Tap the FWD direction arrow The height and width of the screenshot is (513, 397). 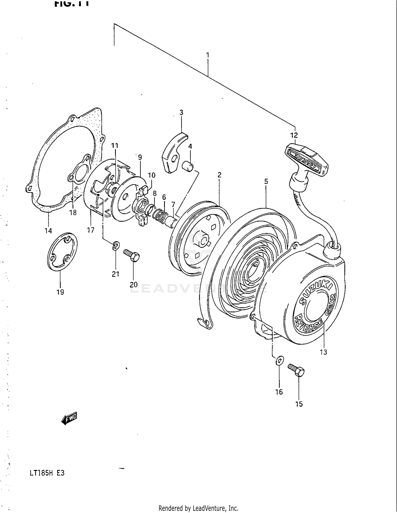69,418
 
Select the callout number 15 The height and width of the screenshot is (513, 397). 299,404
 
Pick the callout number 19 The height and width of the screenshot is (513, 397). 60,292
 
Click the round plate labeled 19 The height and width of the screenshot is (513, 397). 62,251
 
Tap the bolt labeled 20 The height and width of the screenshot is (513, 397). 132,255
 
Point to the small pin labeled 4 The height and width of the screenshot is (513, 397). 188,167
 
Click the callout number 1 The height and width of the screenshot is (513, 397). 208,55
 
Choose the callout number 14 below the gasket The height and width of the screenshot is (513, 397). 48,231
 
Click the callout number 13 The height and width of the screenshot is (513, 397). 323,352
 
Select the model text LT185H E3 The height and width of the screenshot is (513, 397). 47,473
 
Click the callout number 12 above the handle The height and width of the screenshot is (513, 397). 294,135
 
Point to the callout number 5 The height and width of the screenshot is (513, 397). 266,182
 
